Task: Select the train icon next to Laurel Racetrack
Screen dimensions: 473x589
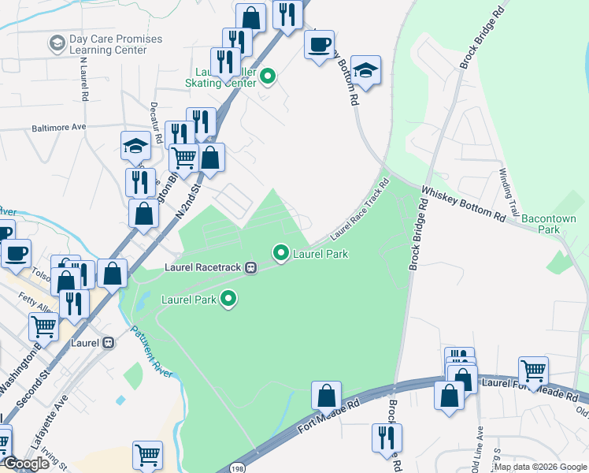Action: [251, 266]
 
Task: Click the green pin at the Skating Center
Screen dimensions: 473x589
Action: [268, 76]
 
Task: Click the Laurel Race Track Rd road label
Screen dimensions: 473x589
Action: [360, 209]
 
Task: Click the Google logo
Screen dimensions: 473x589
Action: [26, 464]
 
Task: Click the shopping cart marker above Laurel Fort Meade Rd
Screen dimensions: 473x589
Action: [533, 369]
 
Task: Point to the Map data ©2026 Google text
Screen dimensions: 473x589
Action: [540, 467]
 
